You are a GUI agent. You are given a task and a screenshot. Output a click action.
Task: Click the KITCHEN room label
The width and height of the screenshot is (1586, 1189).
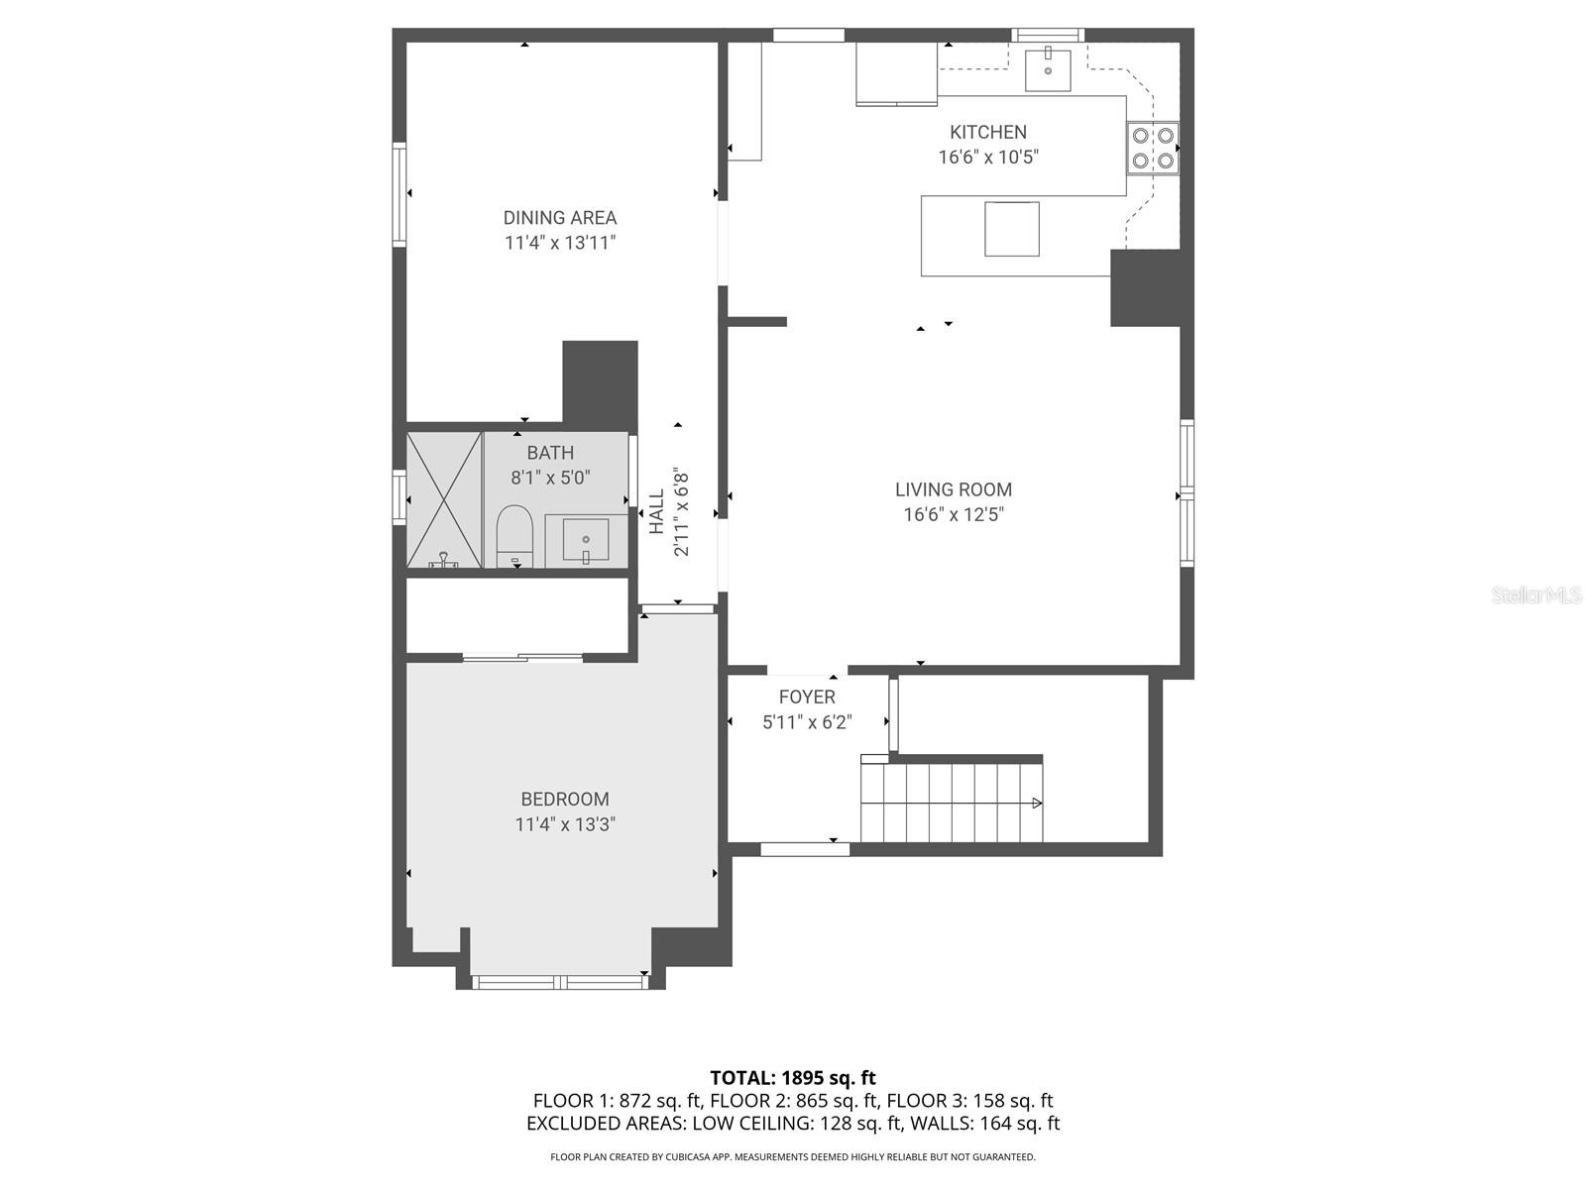[987, 132]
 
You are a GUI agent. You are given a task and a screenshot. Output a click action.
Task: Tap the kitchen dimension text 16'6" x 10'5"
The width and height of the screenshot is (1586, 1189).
[987, 157]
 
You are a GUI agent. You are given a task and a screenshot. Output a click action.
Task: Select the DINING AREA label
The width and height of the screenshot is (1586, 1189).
[559, 218]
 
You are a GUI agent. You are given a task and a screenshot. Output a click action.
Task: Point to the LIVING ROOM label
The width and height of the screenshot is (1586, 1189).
[953, 489]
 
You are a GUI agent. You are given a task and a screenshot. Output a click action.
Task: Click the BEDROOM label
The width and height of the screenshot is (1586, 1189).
[565, 799]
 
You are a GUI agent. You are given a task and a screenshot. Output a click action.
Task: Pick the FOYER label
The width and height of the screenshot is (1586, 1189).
[807, 697]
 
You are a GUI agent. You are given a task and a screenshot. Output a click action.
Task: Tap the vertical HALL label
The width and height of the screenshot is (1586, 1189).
[657, 511]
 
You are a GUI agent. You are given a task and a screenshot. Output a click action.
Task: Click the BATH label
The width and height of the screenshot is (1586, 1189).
[550, 453]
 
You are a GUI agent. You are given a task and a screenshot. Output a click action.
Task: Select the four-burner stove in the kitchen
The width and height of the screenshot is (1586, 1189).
[1153, 148]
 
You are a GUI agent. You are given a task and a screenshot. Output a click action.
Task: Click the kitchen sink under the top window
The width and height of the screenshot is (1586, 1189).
[1048, 67]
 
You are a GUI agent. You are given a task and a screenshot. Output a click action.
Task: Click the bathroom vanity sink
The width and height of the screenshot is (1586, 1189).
[586, 541]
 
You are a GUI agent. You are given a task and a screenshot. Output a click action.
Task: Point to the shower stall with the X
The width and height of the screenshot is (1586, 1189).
[444, 499]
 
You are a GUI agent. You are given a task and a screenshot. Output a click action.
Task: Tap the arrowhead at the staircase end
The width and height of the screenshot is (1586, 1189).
[1037, 803]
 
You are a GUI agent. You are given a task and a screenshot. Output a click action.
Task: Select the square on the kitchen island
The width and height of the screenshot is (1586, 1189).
[1011, 229]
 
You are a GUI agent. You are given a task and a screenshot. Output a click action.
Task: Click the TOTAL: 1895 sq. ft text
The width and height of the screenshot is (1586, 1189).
[793, 1077]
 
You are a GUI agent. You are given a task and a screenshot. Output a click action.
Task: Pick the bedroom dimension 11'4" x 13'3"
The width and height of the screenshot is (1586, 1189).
[565, 824]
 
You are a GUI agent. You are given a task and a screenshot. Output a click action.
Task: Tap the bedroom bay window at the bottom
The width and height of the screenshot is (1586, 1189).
[561, 982]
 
